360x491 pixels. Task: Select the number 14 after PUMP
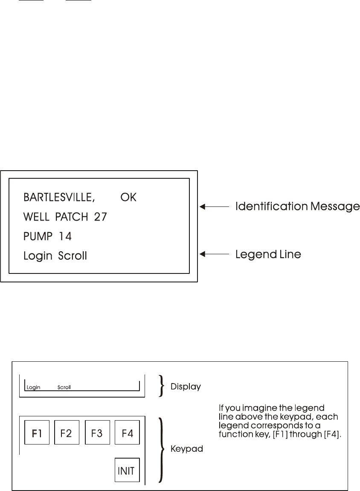65,236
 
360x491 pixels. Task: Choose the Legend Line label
268,255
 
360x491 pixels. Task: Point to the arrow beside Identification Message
215,207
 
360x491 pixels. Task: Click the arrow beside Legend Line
215,255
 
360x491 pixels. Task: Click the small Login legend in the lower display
33,388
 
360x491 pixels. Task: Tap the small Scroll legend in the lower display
64,388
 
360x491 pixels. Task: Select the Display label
186,387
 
